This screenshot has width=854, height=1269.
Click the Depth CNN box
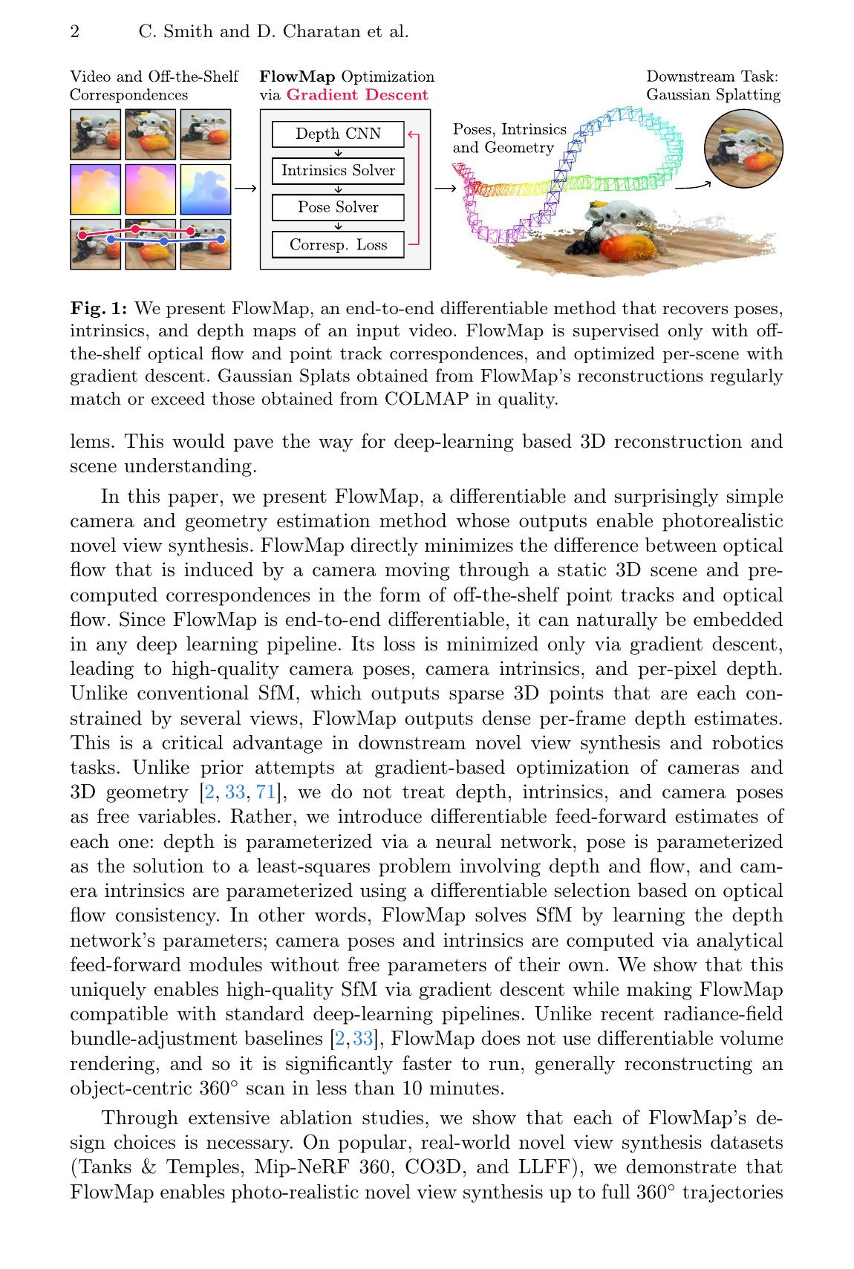click(x=338, y=134)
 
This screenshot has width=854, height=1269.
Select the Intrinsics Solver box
click(x=338, y=171)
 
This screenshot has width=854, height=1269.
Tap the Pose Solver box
click(x=338, y=207)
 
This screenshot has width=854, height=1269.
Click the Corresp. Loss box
click(x=338, y=244)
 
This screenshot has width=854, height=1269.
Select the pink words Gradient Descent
click(x=357, y=95)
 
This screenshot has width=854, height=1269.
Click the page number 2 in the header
click(x=74, y=32)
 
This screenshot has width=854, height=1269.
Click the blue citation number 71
click(x=265, y=792)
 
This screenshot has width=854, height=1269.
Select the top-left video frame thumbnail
click(x=95, y=134)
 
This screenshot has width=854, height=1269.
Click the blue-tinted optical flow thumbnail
click(x=206, y=189)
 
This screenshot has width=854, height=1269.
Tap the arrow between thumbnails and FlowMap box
click(x=245, y=189)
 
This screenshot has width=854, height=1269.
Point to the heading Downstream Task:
click(x=711, y=76)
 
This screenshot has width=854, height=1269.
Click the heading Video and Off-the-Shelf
click(x=154, y=76)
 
